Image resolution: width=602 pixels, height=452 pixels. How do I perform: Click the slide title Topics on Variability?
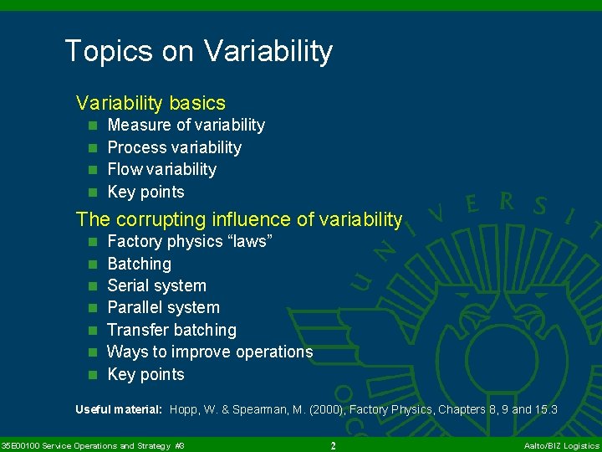click(198, 51)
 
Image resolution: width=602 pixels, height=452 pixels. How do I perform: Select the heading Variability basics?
click(150, 103)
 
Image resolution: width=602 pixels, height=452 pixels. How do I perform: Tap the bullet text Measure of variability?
click(186, 126)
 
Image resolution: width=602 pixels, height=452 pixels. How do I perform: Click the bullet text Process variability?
click(174, 147)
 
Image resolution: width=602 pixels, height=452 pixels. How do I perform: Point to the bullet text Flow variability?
click(161, 170)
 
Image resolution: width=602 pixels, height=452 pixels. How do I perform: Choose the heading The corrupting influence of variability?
click(238, 219)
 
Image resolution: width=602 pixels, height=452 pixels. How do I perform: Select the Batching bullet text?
click(139, 264)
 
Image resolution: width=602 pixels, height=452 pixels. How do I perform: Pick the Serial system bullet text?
click(156, 285)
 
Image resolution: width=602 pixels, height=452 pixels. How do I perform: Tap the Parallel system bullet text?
click(163, 308)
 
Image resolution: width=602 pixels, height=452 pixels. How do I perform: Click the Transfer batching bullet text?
click(171, 330)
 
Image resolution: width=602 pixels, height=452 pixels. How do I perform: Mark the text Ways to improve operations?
click(209, 352)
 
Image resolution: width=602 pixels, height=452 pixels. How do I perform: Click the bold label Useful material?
click(118, 409)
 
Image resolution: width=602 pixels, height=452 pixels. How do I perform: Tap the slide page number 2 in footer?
click(333, 445)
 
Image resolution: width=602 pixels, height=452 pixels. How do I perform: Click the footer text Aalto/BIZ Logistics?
click(561, 445)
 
